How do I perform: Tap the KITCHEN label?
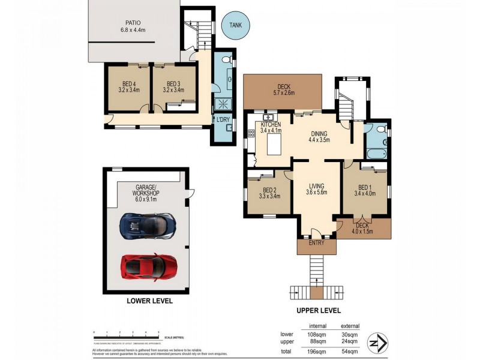click(x=271, y=124)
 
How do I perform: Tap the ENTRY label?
click(x=316, y=243)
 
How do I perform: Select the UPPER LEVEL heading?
click(x=319, y=311)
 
